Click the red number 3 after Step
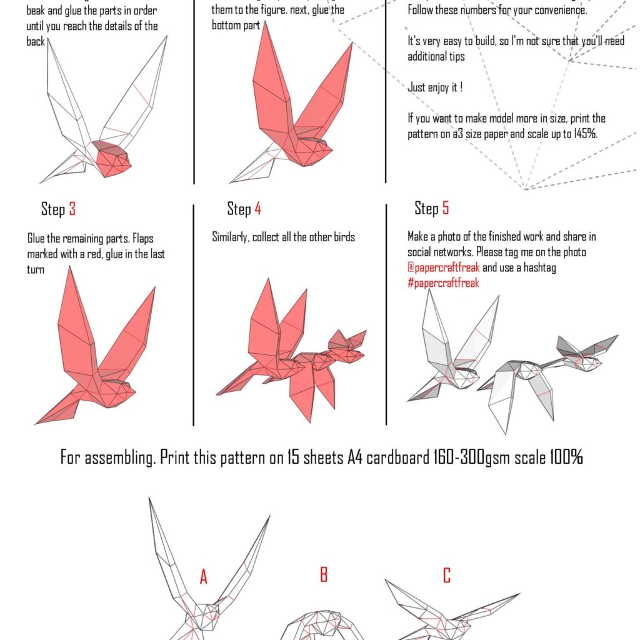[72, 209]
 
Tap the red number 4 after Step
[257, 209]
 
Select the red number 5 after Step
[445, 207]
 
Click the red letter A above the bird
[203, 577]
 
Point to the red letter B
[324, 574]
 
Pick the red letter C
[446, 575]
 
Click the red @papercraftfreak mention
[444, 267]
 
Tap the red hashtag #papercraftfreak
[443, 282]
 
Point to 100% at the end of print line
[566, 457]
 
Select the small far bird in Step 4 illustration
[347, 347]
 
